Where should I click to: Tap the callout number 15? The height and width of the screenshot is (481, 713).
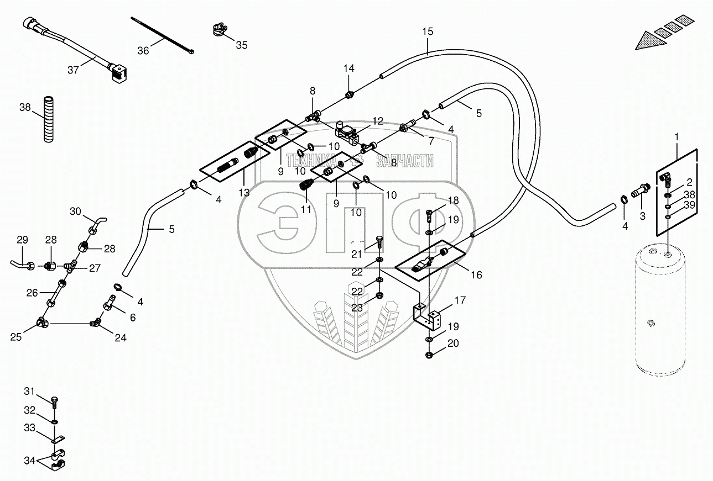[x=428, y=31]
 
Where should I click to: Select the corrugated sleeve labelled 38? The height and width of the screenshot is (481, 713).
[x=50, y=119]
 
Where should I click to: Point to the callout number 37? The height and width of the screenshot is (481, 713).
[x=74, y=70]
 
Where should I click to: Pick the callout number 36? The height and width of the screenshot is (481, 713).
[x=143, y=50]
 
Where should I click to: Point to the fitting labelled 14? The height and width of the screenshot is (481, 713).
[x=349, y=96]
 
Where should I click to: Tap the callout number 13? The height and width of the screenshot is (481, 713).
[x=244, y=193]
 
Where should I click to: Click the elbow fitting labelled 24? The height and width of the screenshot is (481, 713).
[x=98, y=322]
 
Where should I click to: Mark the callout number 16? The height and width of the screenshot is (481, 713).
[x=476, y=274]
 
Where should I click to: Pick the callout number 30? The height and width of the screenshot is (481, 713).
[x=75, y=211]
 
